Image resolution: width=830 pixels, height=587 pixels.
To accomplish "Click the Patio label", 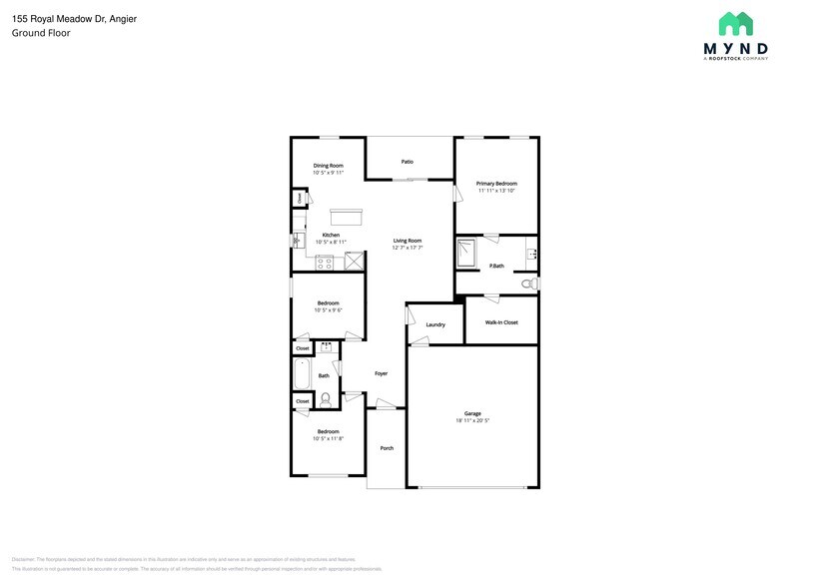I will (408, 162).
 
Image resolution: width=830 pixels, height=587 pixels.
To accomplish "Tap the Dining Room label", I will (329, 166).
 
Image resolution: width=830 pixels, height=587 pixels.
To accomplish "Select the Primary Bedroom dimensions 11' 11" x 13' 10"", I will (496, 191).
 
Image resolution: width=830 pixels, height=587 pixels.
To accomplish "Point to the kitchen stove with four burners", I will (325, 264).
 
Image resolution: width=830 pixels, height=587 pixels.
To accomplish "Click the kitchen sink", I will (297, 240).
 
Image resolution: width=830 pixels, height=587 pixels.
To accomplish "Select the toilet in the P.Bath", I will (528, 285).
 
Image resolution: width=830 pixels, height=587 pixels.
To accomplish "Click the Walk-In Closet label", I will (501, 322).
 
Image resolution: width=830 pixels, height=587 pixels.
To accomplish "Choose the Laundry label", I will (435, 325).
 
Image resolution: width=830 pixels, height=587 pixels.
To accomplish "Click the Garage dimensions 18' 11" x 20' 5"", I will (472, 421).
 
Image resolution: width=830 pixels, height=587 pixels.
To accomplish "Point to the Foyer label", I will (381, 373).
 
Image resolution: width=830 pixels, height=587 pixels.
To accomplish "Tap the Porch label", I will (387, 448).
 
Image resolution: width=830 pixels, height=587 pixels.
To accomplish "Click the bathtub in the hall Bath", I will (302, 375).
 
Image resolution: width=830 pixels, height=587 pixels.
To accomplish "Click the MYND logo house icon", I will (735, 23).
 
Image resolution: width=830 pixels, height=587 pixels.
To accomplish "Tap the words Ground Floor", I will (41, 33).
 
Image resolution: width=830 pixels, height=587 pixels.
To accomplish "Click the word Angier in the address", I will (123, 19).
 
